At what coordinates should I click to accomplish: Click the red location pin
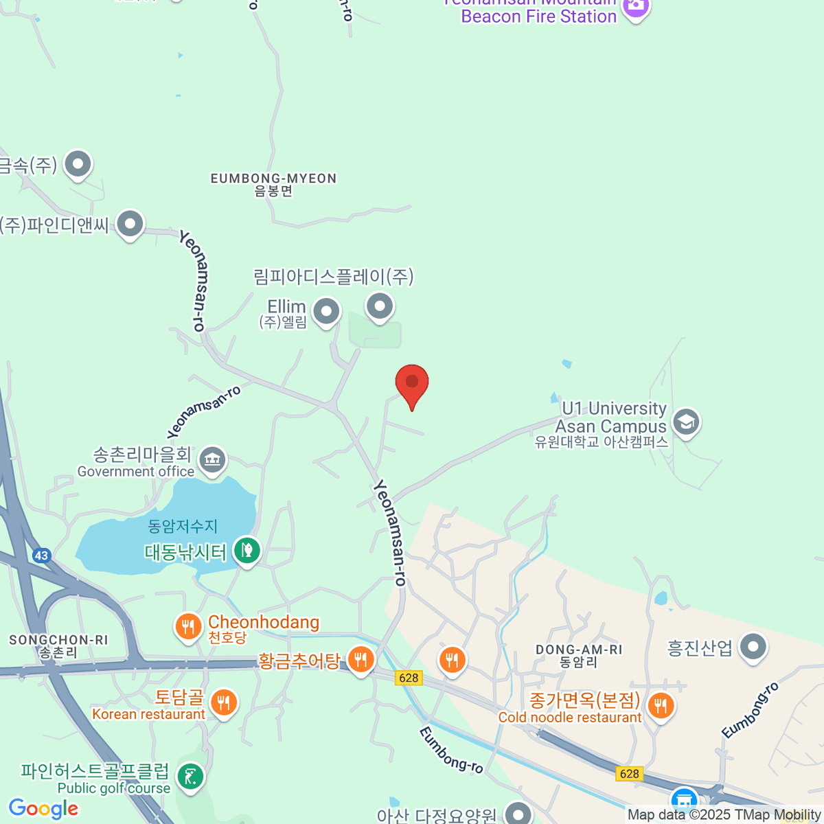[412, 382]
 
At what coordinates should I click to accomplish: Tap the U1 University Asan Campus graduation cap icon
[686, 422]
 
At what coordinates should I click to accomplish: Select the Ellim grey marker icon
[326, 311]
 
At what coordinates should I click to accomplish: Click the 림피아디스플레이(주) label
[334, 277]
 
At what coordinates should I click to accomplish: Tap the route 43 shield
[42, 556]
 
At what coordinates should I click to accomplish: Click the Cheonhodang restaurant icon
[187, 626]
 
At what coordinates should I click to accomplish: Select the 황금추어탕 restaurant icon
[360, 660]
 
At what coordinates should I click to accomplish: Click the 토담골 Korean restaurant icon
[224, 702]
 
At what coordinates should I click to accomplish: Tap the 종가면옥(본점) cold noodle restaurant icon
[661, 705]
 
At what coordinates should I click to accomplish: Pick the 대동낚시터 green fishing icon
[247, 549]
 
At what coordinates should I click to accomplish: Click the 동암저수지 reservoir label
[183, 527]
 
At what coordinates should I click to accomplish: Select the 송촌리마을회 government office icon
[212, 459]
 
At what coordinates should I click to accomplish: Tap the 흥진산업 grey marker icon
[754, 646]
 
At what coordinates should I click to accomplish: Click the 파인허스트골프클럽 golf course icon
[190, 776]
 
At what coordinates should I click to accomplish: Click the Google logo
[43, 808]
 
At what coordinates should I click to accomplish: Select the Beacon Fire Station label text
[539, 16]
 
